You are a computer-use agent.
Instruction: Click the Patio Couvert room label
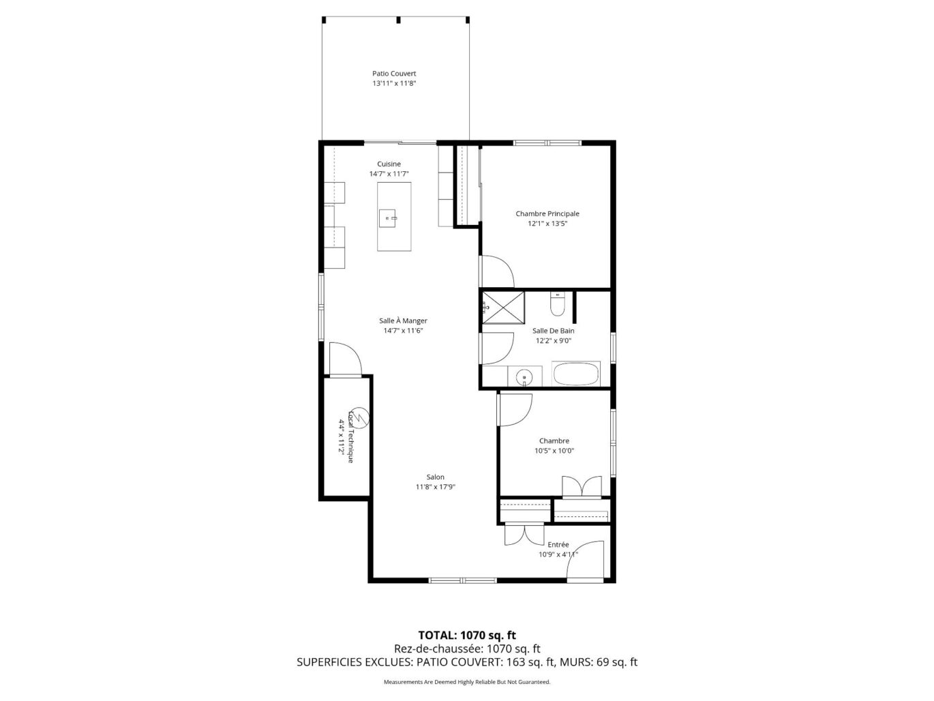tap(393, 74)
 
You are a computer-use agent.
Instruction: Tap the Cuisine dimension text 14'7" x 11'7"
tap(389, 174)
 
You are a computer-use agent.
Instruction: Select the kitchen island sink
tap(388, 218)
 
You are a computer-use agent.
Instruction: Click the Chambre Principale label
tap(547, 213)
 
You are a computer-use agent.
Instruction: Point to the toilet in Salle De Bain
tap(556, 304)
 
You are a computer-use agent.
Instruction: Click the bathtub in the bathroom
tap(575, 374)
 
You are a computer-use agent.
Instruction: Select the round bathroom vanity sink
tap(524, 377)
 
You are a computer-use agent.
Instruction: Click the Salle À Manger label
tap(403, 321)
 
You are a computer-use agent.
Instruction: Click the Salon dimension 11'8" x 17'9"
tap(436, 487)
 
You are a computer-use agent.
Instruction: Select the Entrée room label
tap(558, 544)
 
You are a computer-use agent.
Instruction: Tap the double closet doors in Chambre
tap(582, 486)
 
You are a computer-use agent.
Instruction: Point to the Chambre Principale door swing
tap(496, 271)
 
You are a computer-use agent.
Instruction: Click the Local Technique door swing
tap(346, 359)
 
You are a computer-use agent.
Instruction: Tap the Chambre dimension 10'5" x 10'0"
tap(554, 451)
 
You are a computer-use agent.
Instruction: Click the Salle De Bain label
tap(553, 331)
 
